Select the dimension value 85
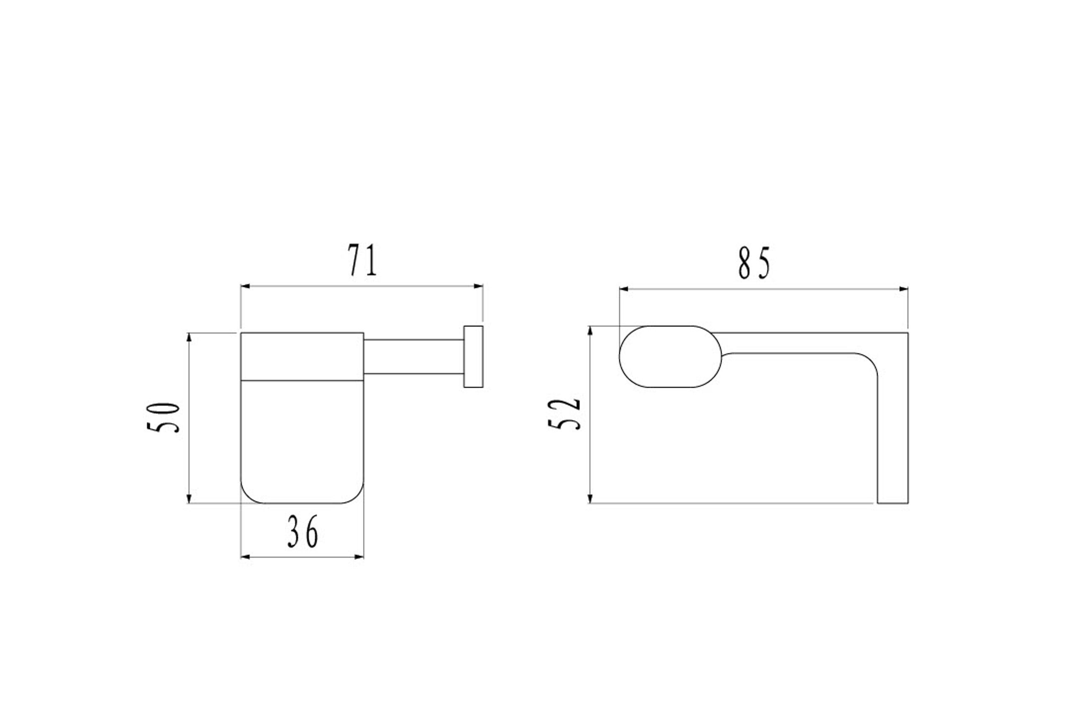pyautogui.click(x=754, y=263)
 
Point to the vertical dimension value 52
pyautogui.click(x=564, y=413)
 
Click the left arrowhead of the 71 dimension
pyautogui.click(x=246, y=287)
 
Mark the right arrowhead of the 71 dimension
pyautogui.click(x=478, y=287)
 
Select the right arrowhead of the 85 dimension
pyautogui.click(x=903, y=289)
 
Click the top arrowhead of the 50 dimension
pyautogui.click(x=189, y=338)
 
